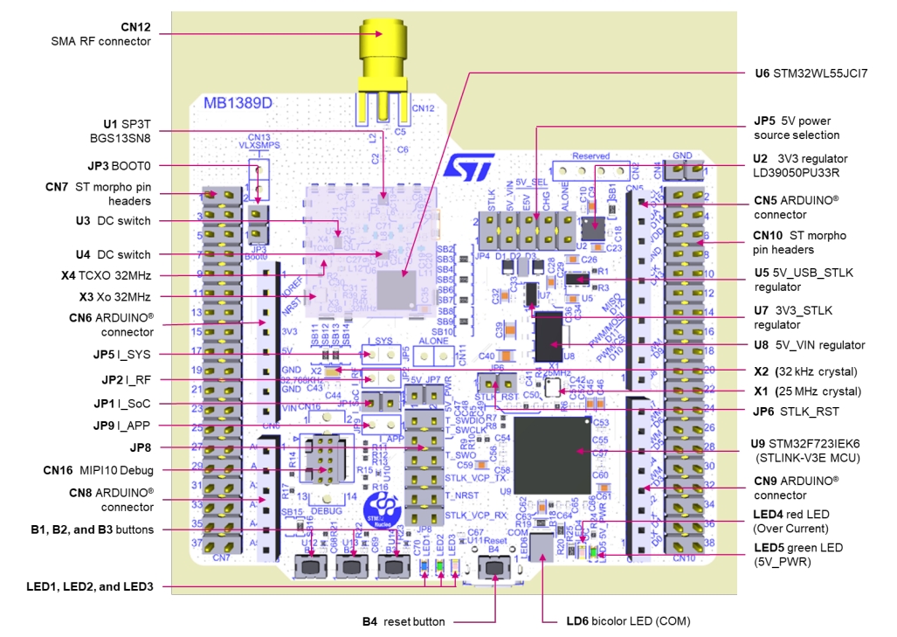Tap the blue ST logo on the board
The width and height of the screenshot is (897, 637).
(x=470, y=166)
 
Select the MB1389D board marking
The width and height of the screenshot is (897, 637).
(x=232, y=103)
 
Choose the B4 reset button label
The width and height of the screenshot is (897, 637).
(x=404, y=621)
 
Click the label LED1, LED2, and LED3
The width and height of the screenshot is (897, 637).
(x=90, y=586)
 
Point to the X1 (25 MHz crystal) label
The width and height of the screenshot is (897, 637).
(x=807, y=391)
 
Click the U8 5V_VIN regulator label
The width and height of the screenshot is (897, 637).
(x=810, y=345)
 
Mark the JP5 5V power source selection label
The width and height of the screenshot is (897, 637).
(x=797, y=128)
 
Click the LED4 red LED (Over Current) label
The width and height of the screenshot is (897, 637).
(x=790, y=521)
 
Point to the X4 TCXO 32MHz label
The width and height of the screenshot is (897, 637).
(x=112, y=275)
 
